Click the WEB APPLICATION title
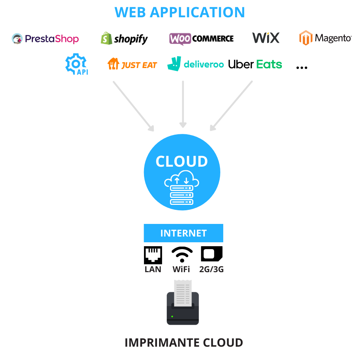[180, 12]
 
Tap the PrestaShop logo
[45, 39]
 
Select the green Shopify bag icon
[106, 38]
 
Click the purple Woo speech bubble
[180, 39]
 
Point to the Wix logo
[266, 38]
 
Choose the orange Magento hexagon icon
[306, 38]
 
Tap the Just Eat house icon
[113, 64]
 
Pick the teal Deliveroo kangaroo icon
[174, 64]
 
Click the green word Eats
[269, 64]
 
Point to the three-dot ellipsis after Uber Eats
[302, 68]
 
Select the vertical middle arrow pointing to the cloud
[183, 104]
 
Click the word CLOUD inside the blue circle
[182, 161]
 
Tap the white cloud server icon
[181, 188]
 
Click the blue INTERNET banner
[184, 233]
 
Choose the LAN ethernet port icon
[153, 255]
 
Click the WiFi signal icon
[182, 255]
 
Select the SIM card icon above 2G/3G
[212, 254]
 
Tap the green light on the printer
[172, 316]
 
